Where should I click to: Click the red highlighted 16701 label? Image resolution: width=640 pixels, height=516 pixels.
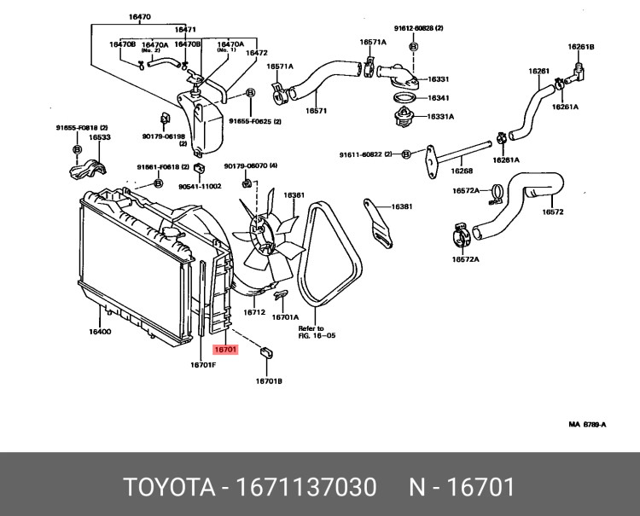pos(225,349)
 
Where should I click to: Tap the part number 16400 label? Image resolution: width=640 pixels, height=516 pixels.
pos(100,332)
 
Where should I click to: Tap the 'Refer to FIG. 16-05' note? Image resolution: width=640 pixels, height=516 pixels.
pos(317,332)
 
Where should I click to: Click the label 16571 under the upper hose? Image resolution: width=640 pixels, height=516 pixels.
pos(317,110)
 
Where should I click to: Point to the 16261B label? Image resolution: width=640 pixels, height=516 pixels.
pos(581,46)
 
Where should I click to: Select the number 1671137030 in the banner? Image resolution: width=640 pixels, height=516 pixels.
pos(310,488)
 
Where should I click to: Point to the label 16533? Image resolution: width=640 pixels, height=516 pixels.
pos(100,136)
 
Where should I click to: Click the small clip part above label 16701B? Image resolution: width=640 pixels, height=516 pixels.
pos(265,351)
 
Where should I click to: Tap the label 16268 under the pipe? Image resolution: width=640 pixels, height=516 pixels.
pos(462,171)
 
